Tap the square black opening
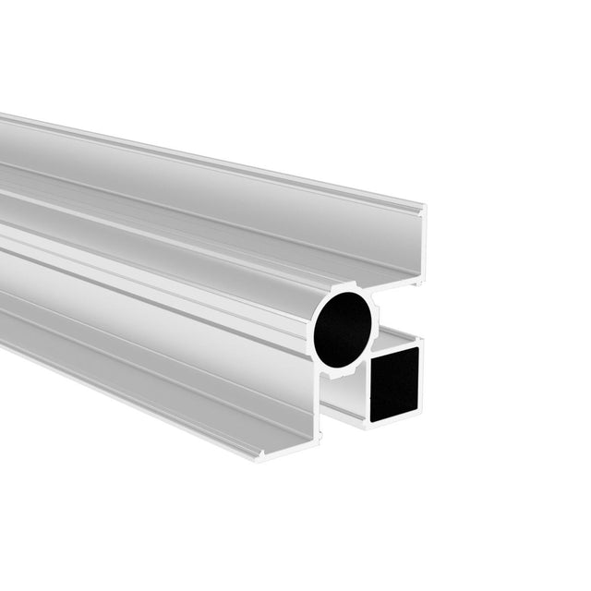tap(395, 383)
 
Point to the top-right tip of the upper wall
tap(424, 207)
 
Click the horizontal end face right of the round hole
tap(398, 281)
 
